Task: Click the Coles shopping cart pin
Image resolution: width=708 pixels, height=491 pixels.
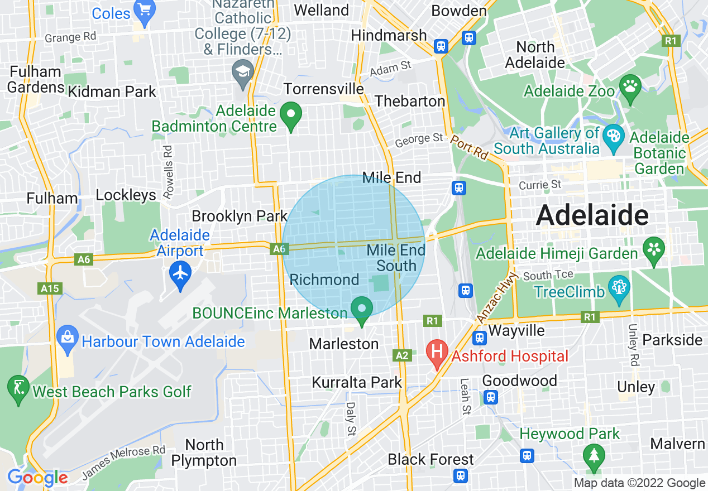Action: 145,12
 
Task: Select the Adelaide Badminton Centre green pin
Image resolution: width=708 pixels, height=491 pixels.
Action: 290,115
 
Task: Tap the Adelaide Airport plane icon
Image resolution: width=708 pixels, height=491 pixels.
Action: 180,275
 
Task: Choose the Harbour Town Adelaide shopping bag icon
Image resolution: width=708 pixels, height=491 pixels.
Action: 68,338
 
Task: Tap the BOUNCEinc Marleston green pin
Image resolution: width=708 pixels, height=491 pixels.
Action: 362,309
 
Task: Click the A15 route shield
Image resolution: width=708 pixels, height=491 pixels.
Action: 51,288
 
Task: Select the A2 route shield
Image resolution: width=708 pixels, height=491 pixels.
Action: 401,355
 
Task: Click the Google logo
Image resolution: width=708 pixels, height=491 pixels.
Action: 37,478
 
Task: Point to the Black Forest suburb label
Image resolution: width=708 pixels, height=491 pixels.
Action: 430,459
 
